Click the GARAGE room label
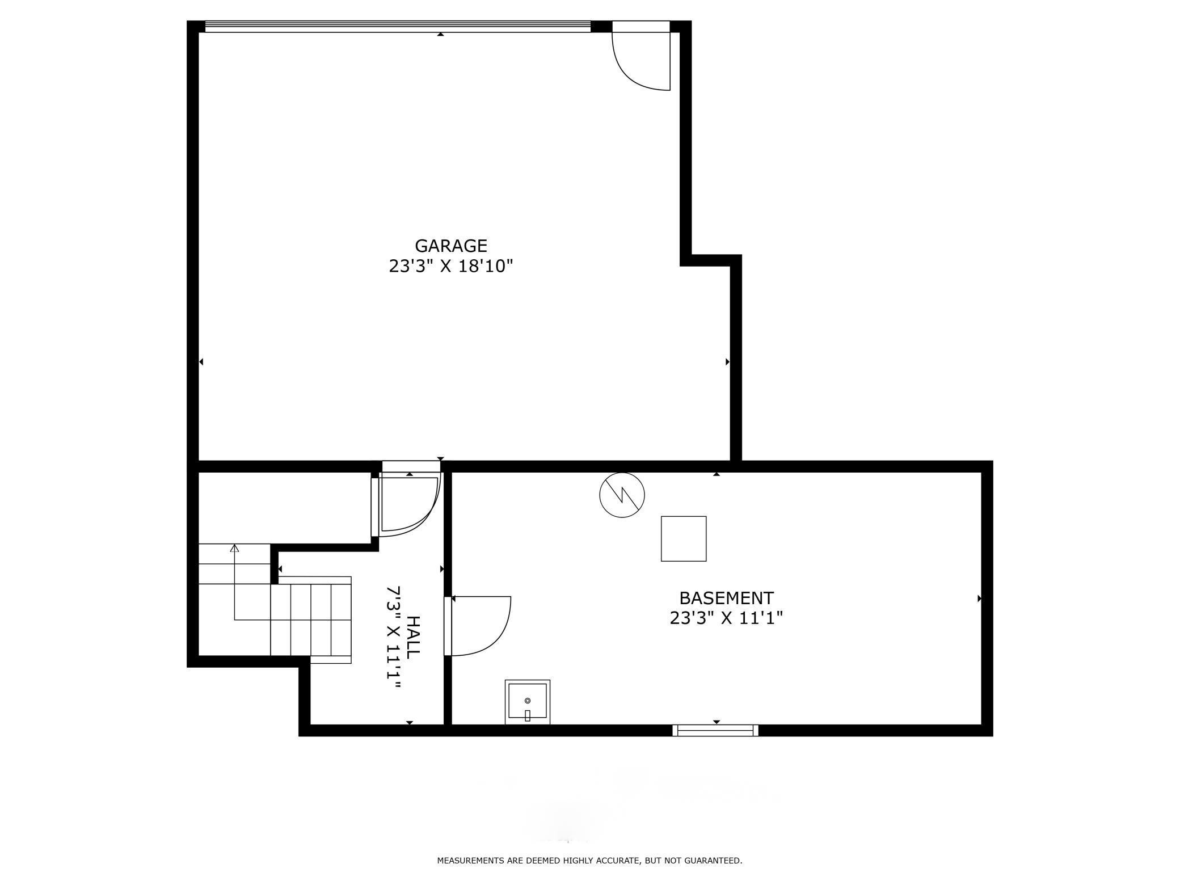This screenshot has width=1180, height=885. [450, 246]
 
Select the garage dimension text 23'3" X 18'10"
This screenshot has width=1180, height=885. [450, 266]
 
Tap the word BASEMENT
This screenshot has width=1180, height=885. [726, 599]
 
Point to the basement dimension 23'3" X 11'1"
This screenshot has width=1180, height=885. [726, 618]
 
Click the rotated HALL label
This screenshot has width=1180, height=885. [414, 637]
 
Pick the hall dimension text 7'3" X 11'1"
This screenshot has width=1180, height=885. [394, 637]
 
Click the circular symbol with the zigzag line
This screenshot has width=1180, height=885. [622, 495]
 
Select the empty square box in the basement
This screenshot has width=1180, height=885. [683, 538]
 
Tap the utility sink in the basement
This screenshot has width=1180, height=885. [527, 702]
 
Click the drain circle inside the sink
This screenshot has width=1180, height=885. [527, 701]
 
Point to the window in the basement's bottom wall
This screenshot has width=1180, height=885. [715, 731]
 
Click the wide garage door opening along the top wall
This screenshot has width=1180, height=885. [397, 26]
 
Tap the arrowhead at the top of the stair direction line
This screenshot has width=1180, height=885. [234, 547]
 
